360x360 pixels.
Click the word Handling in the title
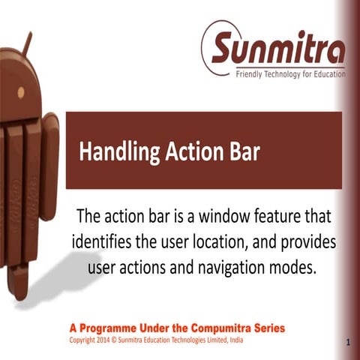(115, 151)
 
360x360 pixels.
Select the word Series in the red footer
(267, 328)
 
